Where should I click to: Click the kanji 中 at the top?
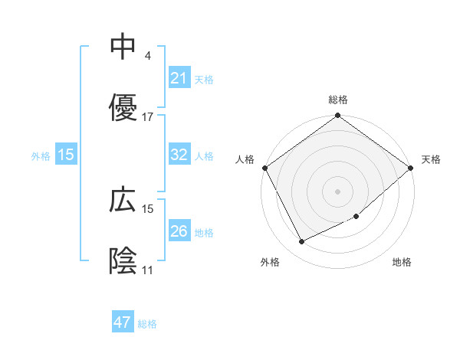(x=123, y=47)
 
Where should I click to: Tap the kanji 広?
(x=123, y=200)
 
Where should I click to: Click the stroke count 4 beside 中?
(x=147, y=56)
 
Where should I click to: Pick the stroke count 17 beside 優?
(x=148, y=117)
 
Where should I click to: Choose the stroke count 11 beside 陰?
(x=148, y=270)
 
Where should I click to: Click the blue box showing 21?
(x=179, y=77)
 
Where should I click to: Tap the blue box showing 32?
(x=179, y=154)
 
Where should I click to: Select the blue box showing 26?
(x=179, y=231)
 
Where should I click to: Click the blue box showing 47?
(x=123, y=322)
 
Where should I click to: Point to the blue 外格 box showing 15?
(x=66, y=155)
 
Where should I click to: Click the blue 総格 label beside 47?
(x=147, y=324)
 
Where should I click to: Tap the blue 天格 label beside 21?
(x=204, y=79)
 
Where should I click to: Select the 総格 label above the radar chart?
(x=338, y=100)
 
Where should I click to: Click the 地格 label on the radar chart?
(x=402, y=263)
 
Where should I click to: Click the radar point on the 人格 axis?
(x=264, y=168)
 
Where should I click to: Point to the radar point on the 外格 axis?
(x=302, y=242)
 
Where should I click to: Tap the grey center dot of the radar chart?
(x=338, y=191)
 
